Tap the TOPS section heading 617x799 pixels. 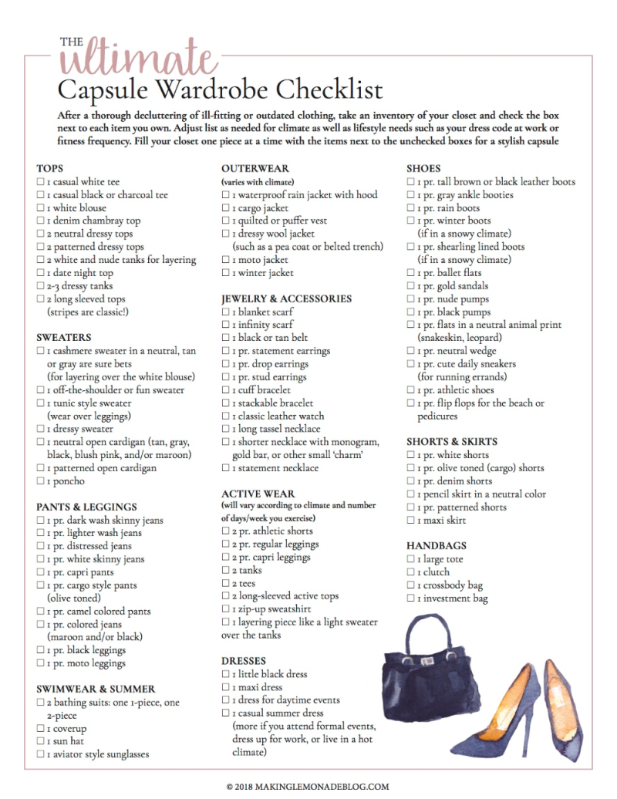point(49,168)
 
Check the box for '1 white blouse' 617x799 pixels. point(40,208)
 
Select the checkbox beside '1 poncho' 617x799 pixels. point(40,481)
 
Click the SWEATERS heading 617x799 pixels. point(63,337)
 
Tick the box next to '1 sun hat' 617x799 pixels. point(40,741)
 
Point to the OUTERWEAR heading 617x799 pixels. point(255,168)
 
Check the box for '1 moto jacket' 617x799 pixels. point(226,260)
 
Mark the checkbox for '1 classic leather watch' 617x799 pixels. point(226,416)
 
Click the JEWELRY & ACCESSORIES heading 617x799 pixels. point(286,298)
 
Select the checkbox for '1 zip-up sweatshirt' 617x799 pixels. point(226,609)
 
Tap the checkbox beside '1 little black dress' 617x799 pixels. point(226,674)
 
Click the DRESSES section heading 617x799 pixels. point(243,661)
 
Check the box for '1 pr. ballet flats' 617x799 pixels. point(411,273)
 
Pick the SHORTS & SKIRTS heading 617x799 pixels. point(452,442)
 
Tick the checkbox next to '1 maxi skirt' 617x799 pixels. point(411,521)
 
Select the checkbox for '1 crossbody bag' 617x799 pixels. point(411,585)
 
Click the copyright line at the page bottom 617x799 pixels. point(308,787)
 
